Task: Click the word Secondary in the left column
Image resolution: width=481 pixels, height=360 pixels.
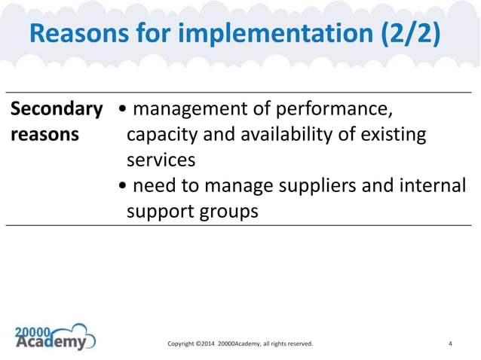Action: [x=57, y=110]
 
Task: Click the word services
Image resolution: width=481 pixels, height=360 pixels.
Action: [x=161, y=160]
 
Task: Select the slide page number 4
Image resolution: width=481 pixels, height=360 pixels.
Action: [x=450, y=344]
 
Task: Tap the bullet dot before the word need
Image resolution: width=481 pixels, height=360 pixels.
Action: [x=124, y=186]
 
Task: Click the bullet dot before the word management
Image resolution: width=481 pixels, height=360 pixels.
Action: [x=124, y=111]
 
